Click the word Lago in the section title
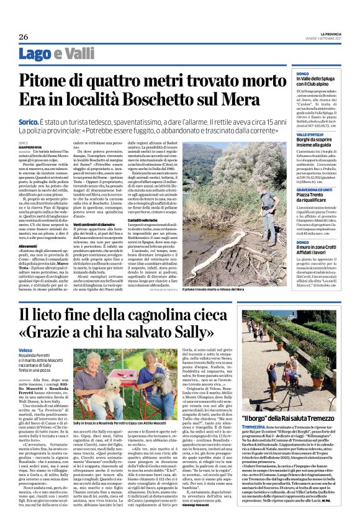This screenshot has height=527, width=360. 30,55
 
